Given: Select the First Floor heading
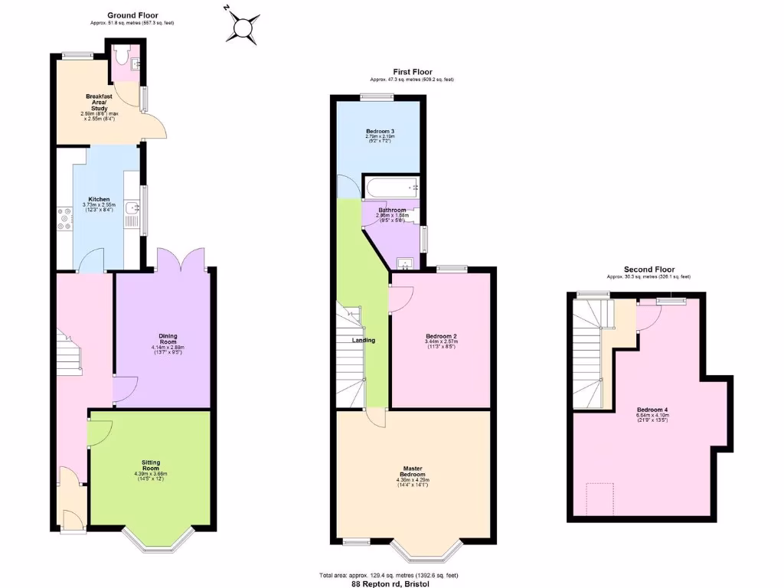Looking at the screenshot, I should (413, 72).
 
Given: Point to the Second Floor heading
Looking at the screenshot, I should (648, 269).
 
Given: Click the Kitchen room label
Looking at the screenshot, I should (100, 199).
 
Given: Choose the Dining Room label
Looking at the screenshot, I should (168, 336).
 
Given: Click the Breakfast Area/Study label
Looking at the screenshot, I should (100, 103).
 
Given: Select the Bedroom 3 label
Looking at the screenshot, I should (380, 132).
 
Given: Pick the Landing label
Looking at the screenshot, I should (363, 340).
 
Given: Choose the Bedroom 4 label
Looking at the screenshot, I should (652, 410).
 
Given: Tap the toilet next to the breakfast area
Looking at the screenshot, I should (122, 56).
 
